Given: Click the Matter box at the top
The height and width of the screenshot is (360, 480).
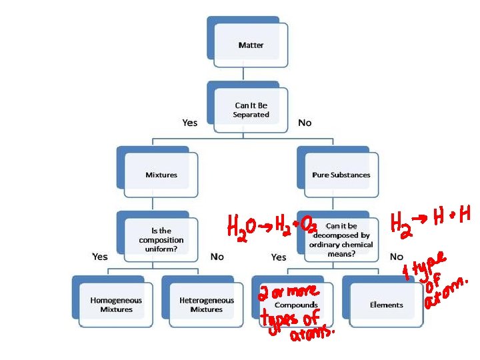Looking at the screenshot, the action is tap(251, 45).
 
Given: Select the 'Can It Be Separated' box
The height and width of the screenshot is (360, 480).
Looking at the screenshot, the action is tap(251, 110).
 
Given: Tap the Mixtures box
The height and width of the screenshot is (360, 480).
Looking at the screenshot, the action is tap(161, 175).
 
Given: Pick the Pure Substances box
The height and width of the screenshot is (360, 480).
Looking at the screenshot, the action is tap(341, 175).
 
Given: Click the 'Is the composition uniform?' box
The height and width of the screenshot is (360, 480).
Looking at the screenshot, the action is tap(161, 239).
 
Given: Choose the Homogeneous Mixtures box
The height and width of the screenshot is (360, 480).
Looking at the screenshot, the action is tap(116, 305).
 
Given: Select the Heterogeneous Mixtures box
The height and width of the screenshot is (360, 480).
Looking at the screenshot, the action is tap(206, 305).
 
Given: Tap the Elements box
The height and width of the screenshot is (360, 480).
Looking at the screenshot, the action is tap(386, 305).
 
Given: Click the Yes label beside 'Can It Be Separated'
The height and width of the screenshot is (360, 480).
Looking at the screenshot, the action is tap(190, 123).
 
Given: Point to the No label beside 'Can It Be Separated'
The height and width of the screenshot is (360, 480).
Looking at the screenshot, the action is tap(305, 123).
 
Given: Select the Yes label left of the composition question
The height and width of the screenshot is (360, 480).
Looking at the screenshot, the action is tap(100, 256).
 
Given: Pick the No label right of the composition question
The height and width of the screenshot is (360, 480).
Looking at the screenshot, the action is tap(217, 256).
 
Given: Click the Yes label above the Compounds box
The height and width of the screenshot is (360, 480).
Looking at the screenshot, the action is tap(279, 257).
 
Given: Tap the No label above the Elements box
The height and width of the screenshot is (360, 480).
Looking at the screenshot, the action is tap(397, 256).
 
